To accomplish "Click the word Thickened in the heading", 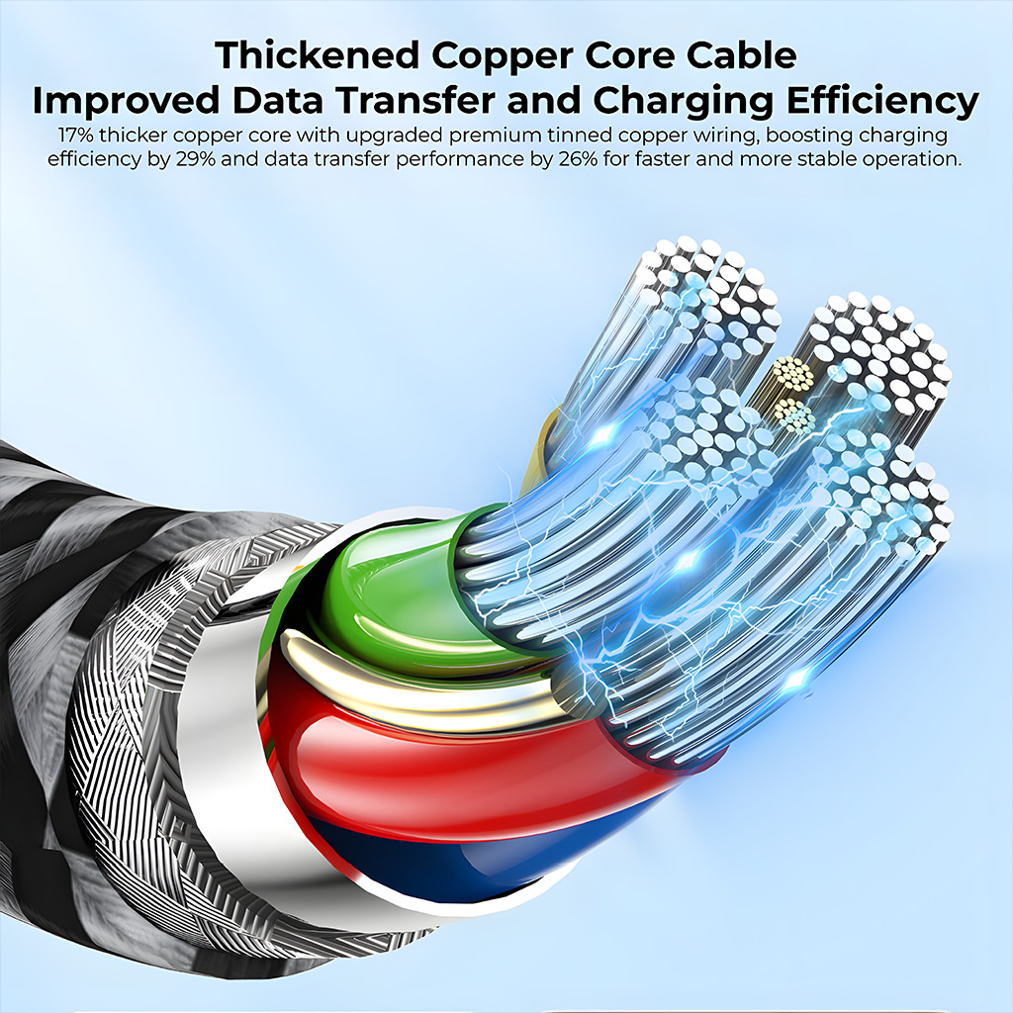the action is [x=318, y=55].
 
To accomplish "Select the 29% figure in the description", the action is [x=195, y=159].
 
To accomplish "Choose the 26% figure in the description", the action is [x=578, y=159].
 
